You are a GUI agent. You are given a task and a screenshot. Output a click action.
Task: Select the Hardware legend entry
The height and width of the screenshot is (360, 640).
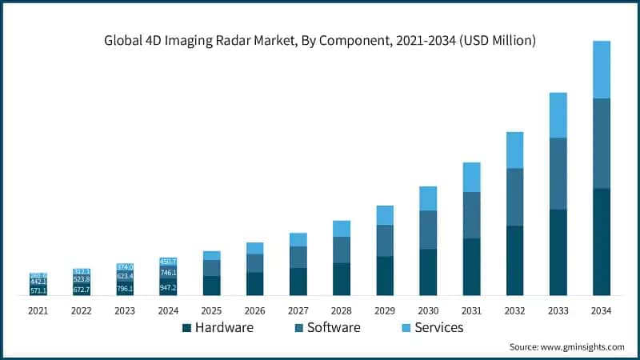(x=218, y=327)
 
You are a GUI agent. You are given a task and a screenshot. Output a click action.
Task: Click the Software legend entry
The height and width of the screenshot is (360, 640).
(x=328, y=327)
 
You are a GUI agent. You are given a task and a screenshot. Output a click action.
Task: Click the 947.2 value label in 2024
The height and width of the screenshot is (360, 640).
(x=168, y=287)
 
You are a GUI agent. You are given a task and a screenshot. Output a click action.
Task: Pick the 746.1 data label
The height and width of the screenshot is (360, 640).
(x=168, y=273)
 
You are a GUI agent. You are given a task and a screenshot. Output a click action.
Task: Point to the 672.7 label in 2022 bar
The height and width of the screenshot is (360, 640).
(x=82, y=290)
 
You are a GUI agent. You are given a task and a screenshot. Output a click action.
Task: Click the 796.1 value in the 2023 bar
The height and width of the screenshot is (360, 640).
(x=125, y=288)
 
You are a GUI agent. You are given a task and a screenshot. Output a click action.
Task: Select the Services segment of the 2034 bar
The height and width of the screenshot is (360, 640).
(x=602, y=70)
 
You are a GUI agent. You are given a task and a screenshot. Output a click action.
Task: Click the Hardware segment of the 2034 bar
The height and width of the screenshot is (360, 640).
(x=602, y=242)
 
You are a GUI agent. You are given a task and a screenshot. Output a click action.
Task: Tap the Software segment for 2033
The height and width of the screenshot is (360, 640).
(x=558, y=174)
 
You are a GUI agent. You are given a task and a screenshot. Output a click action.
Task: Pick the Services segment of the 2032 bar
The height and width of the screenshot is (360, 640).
(x=515, y=150)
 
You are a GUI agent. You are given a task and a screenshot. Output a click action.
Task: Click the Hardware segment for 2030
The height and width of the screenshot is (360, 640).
(x=428, y=272)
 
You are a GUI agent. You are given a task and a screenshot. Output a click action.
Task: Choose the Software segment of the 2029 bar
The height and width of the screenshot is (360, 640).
(x=385, y=241)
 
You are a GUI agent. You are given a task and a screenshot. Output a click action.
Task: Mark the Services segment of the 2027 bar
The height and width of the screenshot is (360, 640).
(x=298, y=239)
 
